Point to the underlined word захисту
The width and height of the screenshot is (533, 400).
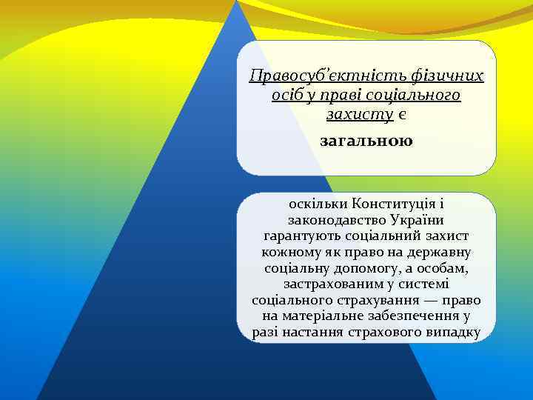click(359, 115)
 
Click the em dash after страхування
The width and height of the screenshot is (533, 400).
click(431, 301)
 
